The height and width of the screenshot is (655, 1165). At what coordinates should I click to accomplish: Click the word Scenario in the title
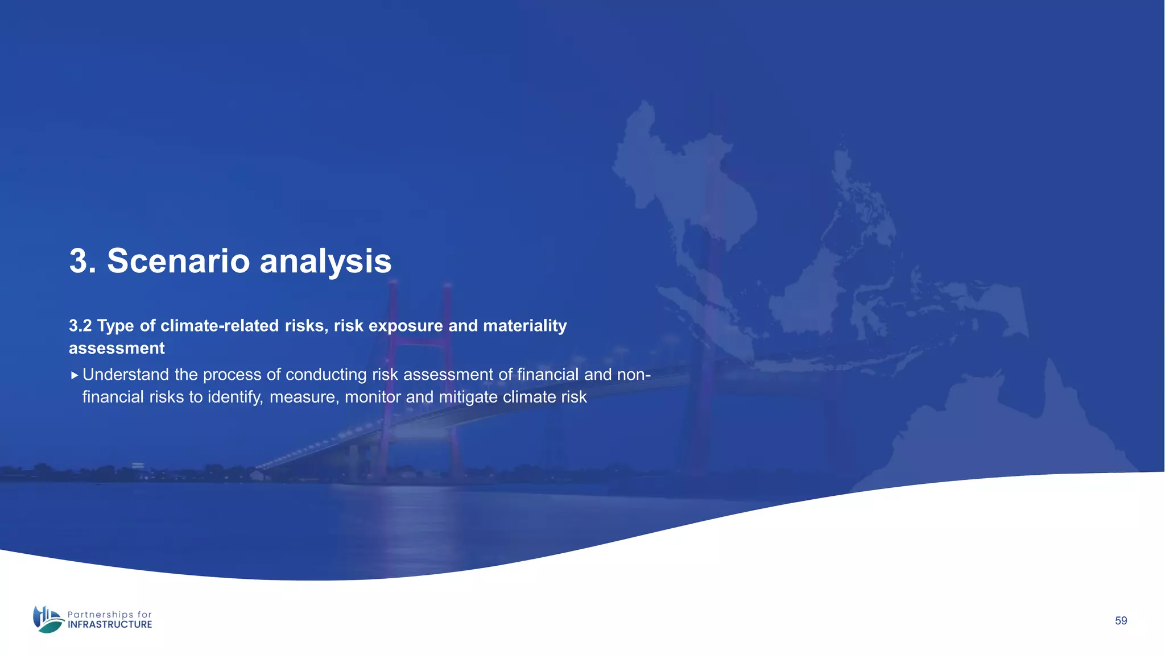pos(178,261)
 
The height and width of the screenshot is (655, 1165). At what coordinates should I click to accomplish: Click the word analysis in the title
pos(325,261)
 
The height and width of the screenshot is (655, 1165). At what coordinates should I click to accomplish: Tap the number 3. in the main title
pos(82,261)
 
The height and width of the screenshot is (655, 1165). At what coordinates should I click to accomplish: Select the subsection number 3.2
pos(80,326)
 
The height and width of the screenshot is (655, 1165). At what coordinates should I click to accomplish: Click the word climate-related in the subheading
pos(220,326)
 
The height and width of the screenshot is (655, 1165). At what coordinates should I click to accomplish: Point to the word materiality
pos(524,326)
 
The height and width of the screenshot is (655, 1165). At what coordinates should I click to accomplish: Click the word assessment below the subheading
pos(117,348)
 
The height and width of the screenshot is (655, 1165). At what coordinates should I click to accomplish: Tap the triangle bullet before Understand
pos(75,375)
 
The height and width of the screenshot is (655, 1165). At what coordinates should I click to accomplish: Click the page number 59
pos(1121,621)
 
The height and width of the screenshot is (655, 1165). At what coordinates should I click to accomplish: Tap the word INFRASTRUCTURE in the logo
pos(110,625)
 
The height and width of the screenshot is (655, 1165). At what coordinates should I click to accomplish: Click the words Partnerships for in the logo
pos(110,615)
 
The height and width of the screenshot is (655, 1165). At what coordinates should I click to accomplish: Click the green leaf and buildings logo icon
pos(48,619)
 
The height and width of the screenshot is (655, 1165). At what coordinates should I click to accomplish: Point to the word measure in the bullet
pos(304,397)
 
